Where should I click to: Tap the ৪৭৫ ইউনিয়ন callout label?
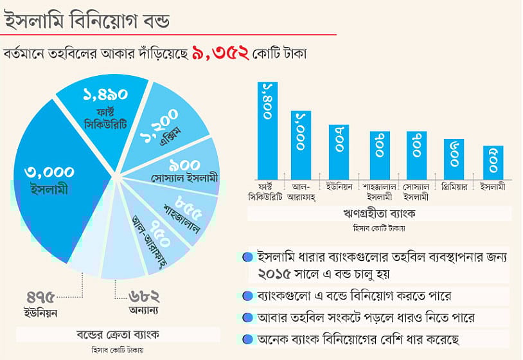42,304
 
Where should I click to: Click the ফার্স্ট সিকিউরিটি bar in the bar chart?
268,129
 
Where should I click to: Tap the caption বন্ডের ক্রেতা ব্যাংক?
118,334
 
